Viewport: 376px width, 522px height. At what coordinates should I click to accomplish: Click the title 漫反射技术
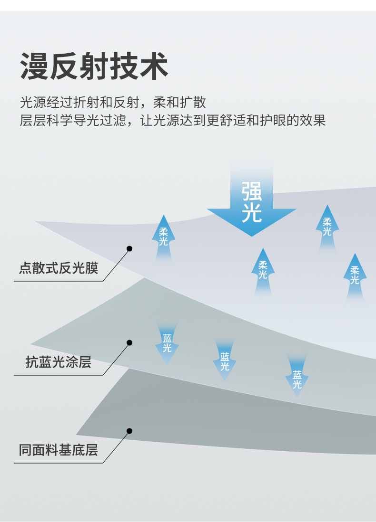tap(94, 66)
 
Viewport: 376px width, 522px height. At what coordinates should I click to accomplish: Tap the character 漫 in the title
tap(35, 66)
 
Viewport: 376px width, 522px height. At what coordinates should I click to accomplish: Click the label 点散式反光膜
tap(59, 268)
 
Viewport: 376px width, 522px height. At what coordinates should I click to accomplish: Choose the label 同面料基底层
tap(59, 450)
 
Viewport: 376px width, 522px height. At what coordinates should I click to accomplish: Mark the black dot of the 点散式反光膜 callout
tap(129, 248)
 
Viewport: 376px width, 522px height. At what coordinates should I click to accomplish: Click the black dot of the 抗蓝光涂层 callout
tap(129, 342)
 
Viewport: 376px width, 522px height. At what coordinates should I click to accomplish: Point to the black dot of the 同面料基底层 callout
tap(129, 431)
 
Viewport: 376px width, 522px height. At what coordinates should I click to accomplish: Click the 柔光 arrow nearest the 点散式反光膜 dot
tap(164, 237)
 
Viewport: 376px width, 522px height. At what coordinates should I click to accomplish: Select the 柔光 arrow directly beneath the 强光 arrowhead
tap(263, 271)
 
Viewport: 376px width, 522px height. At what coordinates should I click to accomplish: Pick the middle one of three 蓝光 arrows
tap(225, 361)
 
